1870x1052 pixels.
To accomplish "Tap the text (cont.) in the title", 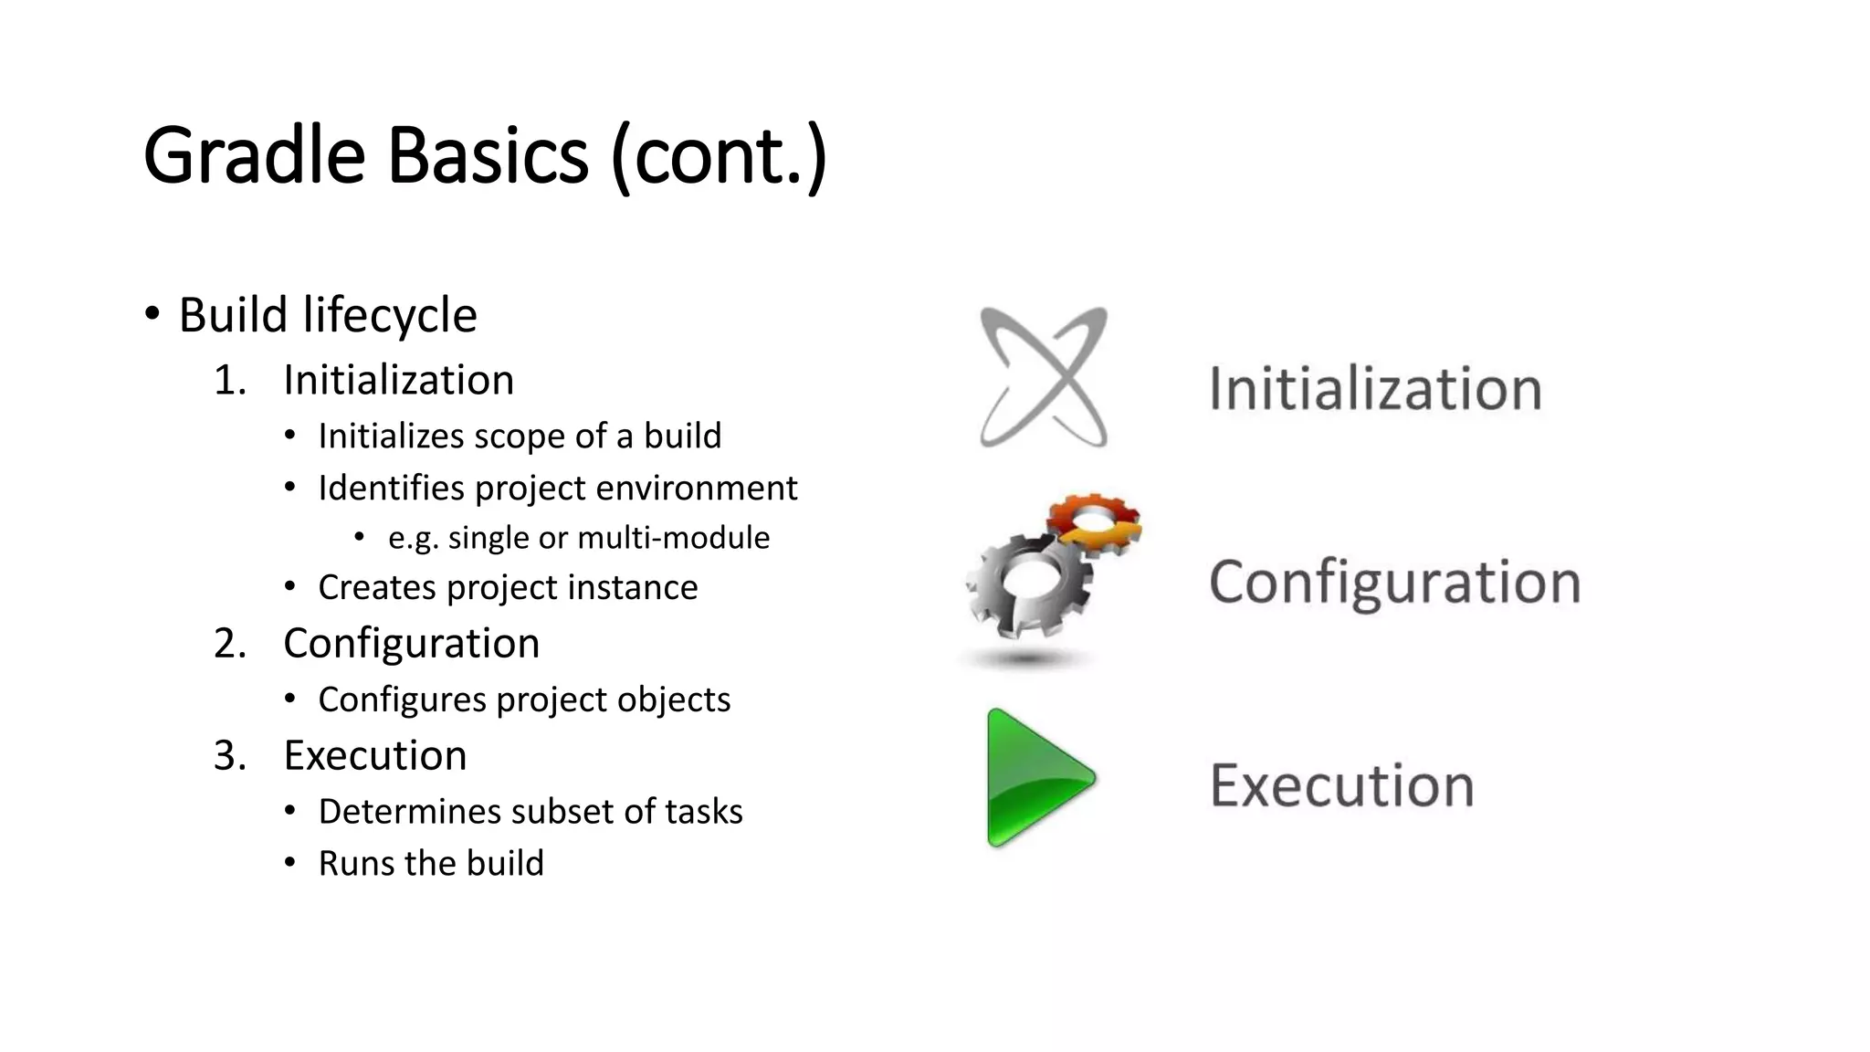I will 720,157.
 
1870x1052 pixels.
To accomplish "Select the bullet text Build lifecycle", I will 327,315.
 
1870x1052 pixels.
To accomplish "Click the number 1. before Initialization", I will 230,380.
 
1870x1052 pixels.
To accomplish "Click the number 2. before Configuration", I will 230,644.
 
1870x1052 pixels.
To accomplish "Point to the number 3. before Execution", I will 230,756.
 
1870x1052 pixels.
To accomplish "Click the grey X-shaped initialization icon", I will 1044,377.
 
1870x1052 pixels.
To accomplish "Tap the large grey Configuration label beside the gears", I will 1394,583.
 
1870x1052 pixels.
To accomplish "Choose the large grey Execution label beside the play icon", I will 1341,785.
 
